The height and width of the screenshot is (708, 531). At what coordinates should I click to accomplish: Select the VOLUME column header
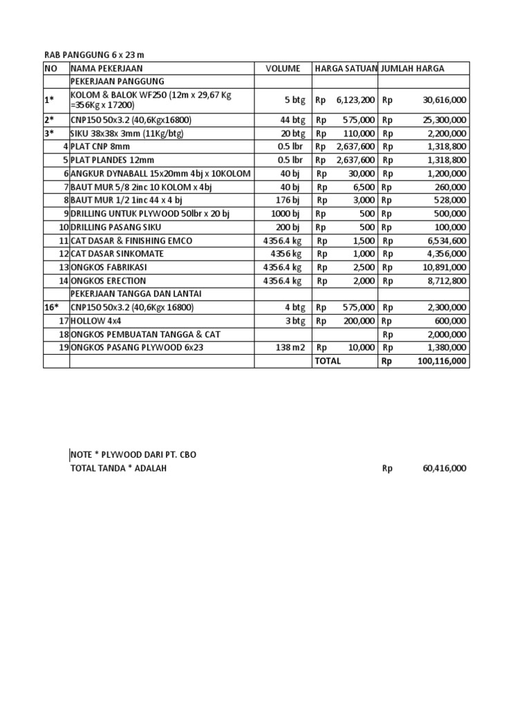pos(283,68)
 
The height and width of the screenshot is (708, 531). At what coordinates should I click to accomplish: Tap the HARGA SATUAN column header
pos(346,68)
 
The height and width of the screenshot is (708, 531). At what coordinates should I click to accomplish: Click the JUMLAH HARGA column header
pos(413,68)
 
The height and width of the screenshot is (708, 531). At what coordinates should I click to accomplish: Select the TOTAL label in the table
pos(328,361)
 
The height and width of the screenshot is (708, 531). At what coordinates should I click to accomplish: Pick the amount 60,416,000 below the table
pos(445,468)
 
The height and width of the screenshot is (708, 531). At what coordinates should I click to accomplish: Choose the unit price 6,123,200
pos(355,100)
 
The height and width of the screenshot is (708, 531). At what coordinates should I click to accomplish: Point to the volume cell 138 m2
pos(290,348)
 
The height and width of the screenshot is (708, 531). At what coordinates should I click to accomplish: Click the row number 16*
pos(52,308)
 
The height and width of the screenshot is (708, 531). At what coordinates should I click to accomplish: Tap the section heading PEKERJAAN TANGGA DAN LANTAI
pos(136,294)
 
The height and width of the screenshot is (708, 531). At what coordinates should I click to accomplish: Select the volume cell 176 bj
pos(288,200)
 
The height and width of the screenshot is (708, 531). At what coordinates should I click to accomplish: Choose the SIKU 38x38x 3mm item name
pos(127,133)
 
